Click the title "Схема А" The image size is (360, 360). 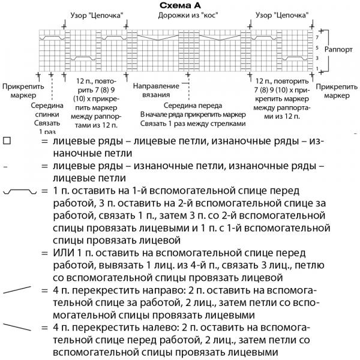[x=180, y=5]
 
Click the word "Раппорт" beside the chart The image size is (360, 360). [x=338, y=49]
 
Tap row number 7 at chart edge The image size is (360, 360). [x=317, y=37]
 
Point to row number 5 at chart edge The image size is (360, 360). [x=317, y=48]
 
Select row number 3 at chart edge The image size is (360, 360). [x=317, y=58]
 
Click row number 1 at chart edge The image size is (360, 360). [x=317, y=68]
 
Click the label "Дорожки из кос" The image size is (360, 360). [x=188, y=16]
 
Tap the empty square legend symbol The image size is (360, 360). [x=7, y=140]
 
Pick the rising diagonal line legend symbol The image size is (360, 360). [x=17, y=290]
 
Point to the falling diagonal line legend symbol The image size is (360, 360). [x=17, y=327]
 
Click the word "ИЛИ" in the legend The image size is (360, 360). [x=64, y=253]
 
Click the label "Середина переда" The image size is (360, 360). [x=193, y=106]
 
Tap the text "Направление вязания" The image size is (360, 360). [x=156, y=90]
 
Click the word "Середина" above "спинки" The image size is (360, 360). [x=47, y=106]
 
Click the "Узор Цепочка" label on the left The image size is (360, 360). [x=97, y=16]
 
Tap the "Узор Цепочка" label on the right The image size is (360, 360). [x=282, y=16]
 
